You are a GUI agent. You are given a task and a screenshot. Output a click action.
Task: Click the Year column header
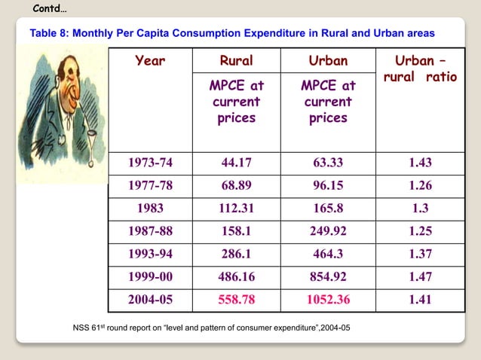click(150, 60)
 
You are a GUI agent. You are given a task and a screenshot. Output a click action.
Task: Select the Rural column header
click(236, 60)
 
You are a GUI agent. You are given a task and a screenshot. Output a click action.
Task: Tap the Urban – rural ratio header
click(420, 69)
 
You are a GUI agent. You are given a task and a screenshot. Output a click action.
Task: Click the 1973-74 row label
click(150, 163)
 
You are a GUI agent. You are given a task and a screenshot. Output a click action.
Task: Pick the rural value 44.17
click(236, 163)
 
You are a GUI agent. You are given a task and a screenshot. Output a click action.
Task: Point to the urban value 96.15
click(328, 185)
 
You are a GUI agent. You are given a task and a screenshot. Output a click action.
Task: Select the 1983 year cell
click(150, 208)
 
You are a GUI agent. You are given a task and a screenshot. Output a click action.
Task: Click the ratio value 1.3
click(420, 208)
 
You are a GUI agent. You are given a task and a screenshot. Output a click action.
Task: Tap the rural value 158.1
click(236, 231)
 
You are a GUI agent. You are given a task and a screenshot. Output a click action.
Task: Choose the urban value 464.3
click(328, 255)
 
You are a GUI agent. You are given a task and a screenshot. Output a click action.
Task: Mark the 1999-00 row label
click(150, 277)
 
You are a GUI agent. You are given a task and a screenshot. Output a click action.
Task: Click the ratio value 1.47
click(420, 277)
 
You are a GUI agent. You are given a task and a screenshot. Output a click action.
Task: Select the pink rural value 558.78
click(236, 300)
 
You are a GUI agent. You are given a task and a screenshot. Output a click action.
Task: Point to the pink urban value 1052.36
click(328, 300)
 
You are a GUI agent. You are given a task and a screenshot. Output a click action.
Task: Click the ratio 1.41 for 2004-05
click(420, 300)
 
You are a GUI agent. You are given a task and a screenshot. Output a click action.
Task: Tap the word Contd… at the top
click(50, 8)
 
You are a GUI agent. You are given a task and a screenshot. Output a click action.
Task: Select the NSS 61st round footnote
click(210, 328)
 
